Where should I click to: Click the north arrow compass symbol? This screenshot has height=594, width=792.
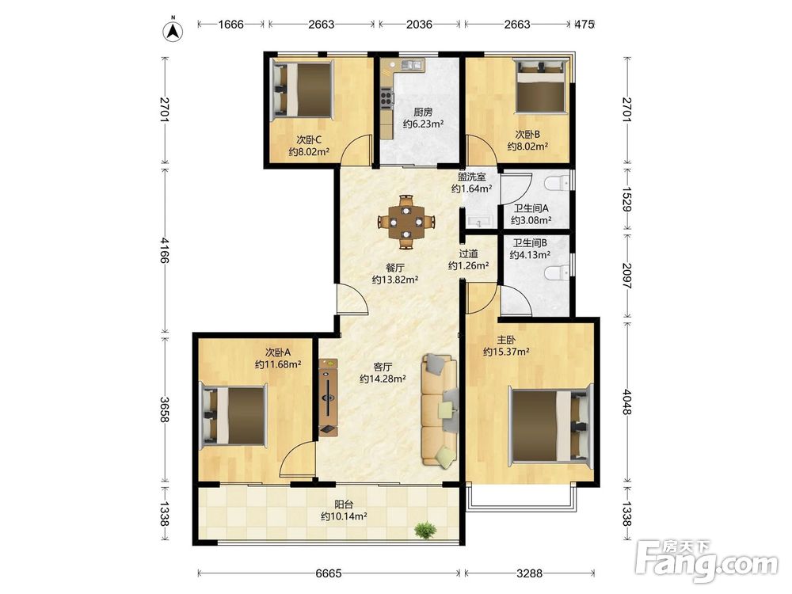tap(173, 30)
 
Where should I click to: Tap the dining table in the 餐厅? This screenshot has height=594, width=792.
tap(406, 222)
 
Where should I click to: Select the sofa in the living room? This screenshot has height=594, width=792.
tap(440, 410)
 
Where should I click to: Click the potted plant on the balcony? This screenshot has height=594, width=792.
tap(425, 530)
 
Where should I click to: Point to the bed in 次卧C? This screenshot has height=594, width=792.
tap(302, 90)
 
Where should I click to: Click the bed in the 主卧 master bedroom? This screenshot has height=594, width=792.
tap(550, 423)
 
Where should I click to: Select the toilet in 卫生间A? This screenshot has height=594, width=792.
tap(558, 183)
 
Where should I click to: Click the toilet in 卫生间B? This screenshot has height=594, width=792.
tap(558, 272)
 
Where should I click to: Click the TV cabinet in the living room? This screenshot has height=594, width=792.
tap(328, 397)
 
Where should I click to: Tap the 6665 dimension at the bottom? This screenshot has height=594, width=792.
tap(329, 573)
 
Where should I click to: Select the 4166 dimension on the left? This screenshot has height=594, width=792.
tap(164, 251)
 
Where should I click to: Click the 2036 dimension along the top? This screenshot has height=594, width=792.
tap(419, 24)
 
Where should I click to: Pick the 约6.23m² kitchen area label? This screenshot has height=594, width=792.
tap(423, 124)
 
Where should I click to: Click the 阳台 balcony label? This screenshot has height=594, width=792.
tap(344, 504)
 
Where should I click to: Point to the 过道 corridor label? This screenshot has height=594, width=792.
tap(468, 253)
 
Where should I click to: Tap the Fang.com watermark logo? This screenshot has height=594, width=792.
tap(706, 560)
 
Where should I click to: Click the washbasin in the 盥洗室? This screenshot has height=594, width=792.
tap(477, 221)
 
